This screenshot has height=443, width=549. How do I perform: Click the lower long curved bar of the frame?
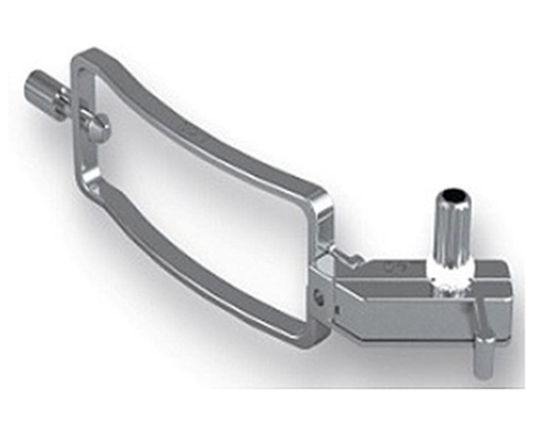pyautogui.click(x=198, y=277)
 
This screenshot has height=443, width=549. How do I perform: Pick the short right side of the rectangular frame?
pyautogui.click(x=316, y=237)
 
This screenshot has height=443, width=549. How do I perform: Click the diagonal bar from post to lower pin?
pyautogui.click(x=472, y=311)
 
